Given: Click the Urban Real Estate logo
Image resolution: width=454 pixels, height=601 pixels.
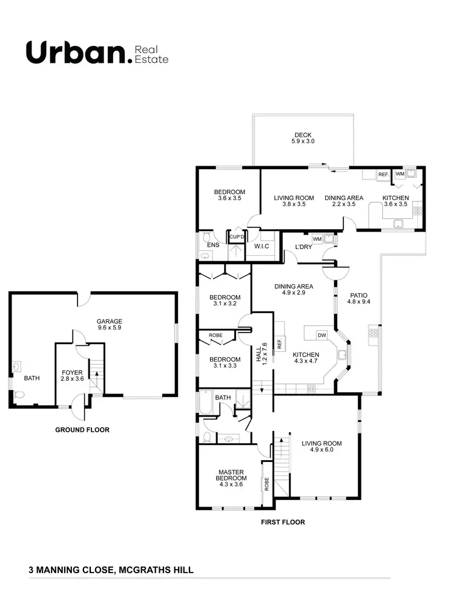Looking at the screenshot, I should pyautogui.click(x=97, y=53).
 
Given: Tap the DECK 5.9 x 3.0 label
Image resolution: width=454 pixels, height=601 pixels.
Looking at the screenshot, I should pyautogui.click(x=303, y=138).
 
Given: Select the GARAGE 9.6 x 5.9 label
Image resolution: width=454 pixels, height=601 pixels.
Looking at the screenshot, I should pyautogui.click(x=110, y=325).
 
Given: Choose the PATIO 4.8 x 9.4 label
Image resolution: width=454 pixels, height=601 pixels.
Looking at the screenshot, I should pyautogui.click(x=359, y=298).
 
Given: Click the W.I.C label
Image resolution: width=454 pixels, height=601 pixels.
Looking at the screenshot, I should pyautogui.click(x=262, y=246).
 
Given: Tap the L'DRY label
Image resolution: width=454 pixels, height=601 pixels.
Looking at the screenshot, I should pyautogui.click(x=303, y=247).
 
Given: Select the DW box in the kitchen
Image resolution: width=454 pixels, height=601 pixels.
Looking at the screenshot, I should pyautogui.click(x=321, y=334).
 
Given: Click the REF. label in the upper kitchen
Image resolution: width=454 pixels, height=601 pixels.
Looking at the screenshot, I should pyautogui.click(x=383, y=175).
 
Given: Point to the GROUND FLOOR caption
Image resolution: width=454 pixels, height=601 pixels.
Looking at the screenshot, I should pyautogui.click(x=82, y=430).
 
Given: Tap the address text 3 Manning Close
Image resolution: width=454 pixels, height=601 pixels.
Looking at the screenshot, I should pyautogui.click(x=111, y=570).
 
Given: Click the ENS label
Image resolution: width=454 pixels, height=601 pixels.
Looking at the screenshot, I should pyautogui.click(x=213, y=245).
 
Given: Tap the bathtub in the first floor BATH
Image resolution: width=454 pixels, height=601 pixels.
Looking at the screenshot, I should pyautogui.click(x=206, y=404).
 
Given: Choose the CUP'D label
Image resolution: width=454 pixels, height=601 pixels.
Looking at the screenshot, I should pyautogui.click(x=236, y=237).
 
